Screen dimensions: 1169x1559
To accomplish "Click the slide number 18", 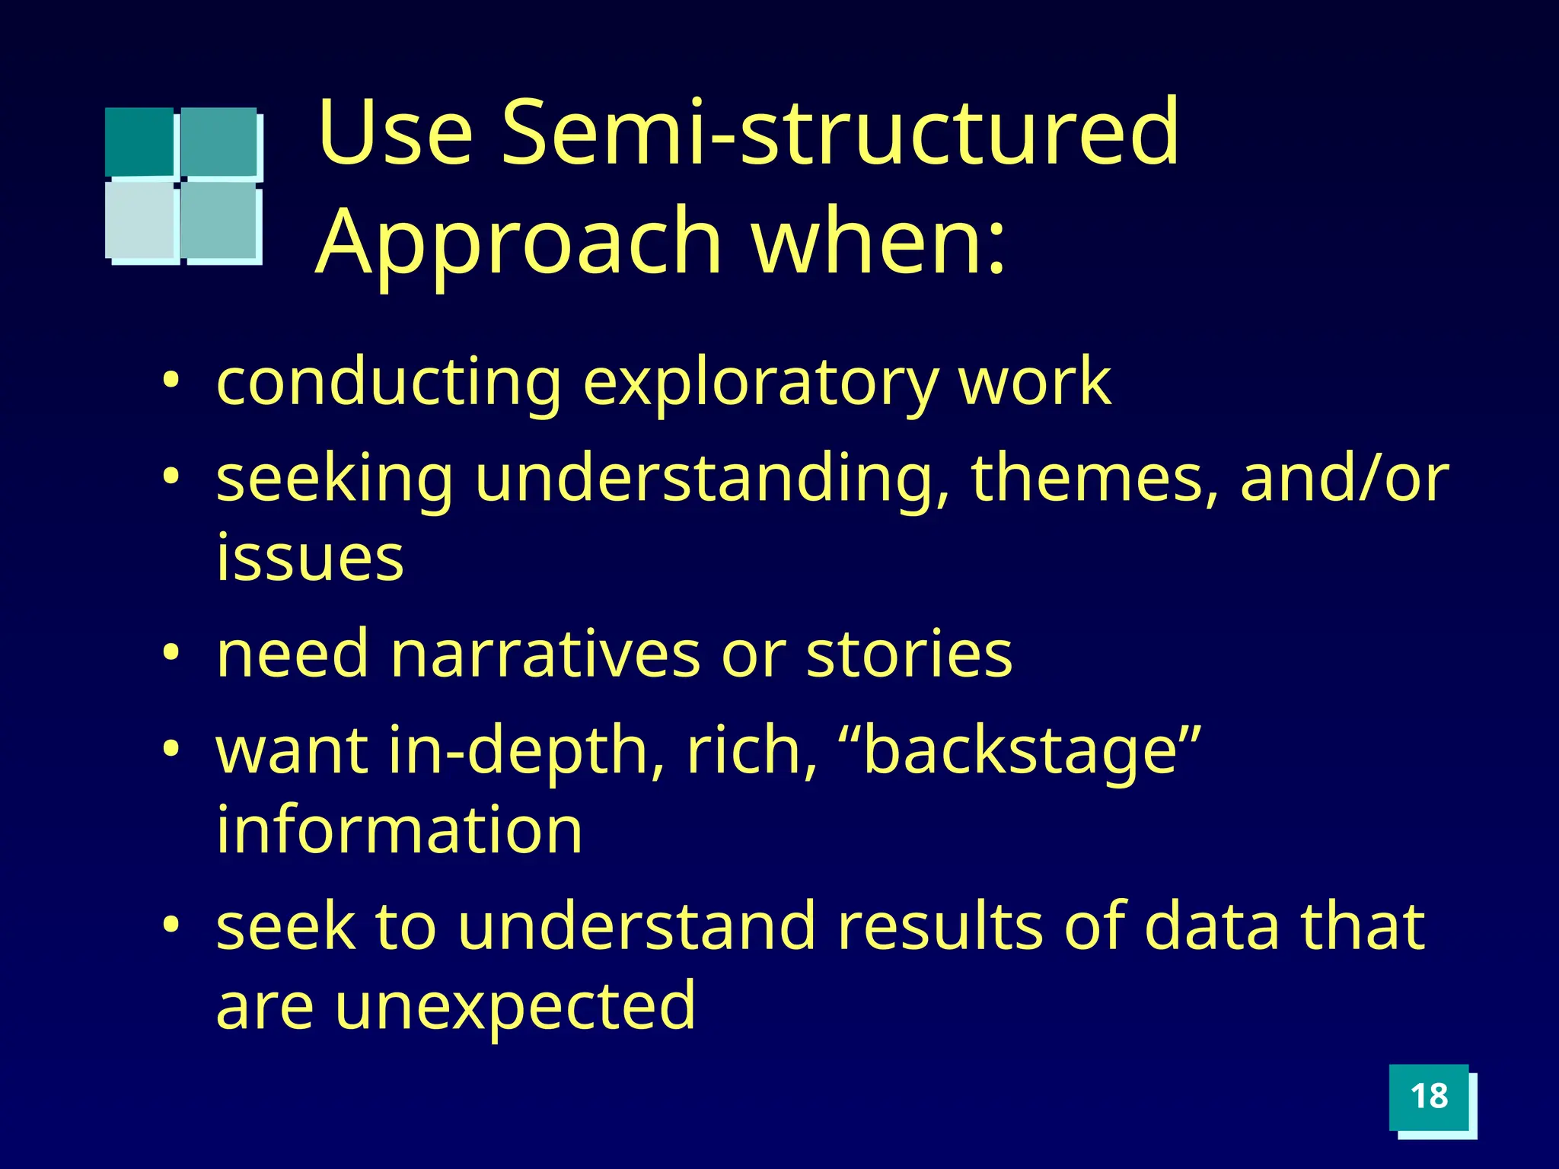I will (1429, 1097).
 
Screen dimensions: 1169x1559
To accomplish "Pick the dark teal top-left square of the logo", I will (139, 142).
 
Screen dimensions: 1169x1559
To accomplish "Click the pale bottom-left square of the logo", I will (141, 220).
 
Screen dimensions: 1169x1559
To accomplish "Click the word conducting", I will (389, 383).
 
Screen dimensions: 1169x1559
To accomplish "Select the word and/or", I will (1344, 479).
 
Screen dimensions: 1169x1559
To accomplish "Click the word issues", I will (310, 558).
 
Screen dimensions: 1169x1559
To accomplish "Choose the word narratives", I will (545, 655).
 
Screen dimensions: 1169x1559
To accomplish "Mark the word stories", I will (909, 655).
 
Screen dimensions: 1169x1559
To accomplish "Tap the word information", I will (400, 830).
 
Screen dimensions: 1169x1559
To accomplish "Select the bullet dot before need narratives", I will (172, 652).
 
